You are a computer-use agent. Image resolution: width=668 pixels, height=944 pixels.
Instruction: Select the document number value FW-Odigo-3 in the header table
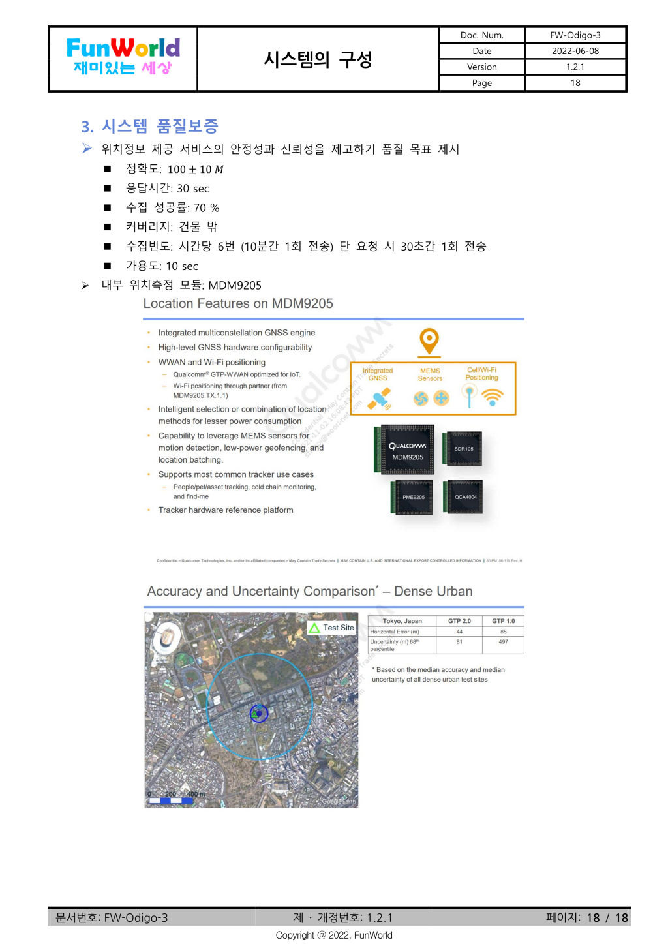pyautogui.click(x=575, y=35)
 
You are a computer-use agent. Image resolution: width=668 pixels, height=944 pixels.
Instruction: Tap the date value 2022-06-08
pyautogui.click(x=575, y=51)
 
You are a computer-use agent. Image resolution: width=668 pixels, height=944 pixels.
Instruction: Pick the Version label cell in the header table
pyautogui.click(x=481, y=67)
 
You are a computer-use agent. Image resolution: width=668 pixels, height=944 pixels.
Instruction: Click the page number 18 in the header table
pyautogui.click(x=575, y=83)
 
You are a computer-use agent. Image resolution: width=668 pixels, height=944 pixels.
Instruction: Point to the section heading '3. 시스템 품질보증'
pyautogui.click(x=149, y=126)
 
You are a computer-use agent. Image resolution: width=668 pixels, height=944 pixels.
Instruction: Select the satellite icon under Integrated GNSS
pyautogui.click(x=378, y=399)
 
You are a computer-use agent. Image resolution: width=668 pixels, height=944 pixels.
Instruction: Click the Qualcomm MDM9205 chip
pyautogui.click(x=408, y=449)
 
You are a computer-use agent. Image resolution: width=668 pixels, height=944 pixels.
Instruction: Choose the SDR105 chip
pyautogui.click(x=464, y=448)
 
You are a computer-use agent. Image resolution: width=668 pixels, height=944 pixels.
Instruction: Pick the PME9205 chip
pyautogui.click(x=413, y=497)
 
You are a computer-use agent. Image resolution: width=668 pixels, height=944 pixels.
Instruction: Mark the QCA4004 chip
pyautogui.click(x=465, y=496)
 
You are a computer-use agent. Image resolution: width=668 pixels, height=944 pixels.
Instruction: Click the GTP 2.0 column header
pyautogui.click(x=459, y=621)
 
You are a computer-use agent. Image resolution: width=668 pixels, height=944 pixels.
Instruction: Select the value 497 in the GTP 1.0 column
pyautogui.click(x=503, y=642)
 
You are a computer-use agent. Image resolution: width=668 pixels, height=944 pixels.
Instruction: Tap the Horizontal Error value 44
pyautogui.click(x=459, y=632)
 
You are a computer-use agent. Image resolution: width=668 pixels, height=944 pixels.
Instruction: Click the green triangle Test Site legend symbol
pyautogui.click(x=314, y=628)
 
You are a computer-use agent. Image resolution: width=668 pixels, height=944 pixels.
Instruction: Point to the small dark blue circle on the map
pyautogui.click(x=259, y=714)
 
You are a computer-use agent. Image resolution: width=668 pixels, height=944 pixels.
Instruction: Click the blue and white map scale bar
pyautogui.click(x=170, y=800)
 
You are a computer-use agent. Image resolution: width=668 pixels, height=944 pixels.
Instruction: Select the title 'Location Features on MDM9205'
pyautogui.click(x=238, y=303)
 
